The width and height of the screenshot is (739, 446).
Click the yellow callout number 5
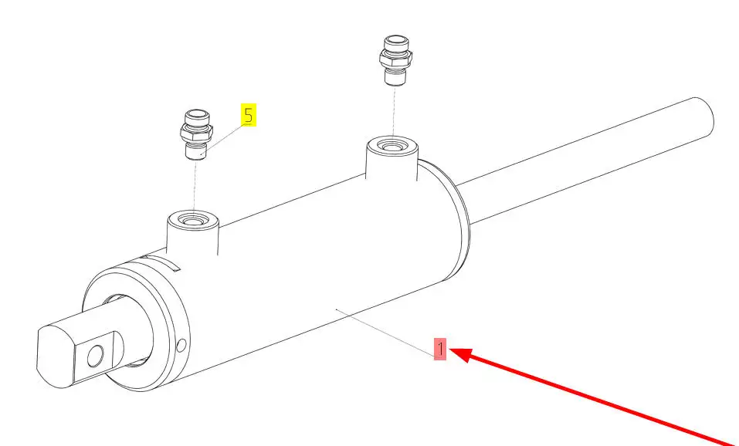pos(249,116)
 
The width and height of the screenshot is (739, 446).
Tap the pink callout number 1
pos(439,350)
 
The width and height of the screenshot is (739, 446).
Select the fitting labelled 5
pos(196,135)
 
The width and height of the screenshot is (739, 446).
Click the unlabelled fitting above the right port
pos(395,60)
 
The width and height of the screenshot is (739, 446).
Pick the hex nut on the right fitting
pos(395,58)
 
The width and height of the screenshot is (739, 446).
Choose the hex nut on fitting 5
pos(196,133)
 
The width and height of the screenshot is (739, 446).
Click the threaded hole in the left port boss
pos(193,219)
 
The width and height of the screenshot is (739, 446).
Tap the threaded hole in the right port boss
pos(392,147)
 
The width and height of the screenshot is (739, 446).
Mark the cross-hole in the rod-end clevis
pos(95,356)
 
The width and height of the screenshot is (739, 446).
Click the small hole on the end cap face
pos(181,346)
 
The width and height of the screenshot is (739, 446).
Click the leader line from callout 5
pos(222,139)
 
